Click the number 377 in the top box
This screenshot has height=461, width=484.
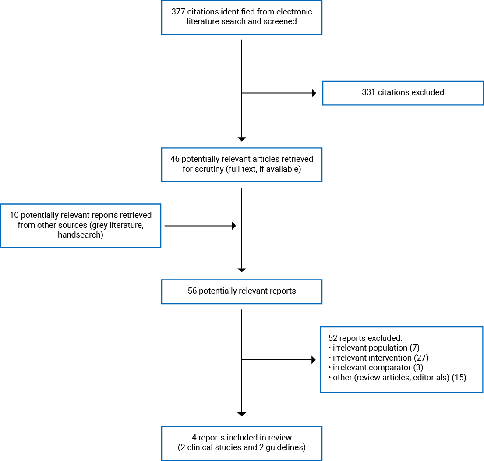click(x=178, y=11)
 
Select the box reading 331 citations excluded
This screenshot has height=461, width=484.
click(x=403, y=92)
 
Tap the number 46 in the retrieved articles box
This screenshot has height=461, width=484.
click(x=175, y=159)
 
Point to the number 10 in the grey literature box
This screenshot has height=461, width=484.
click(x=14, y=215)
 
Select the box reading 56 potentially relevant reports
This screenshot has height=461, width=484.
click(x=241, y=291)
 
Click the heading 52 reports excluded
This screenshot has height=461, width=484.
click(x=365, y=338)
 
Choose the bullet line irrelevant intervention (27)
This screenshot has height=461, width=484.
click(x=378, y=358)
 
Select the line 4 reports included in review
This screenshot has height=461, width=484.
click(x=241, y=437)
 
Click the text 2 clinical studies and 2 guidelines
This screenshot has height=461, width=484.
click(x=241, y=447)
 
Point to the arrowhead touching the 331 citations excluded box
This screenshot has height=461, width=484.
click(x=313, y=93)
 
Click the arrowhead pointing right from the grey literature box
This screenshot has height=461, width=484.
click(x=233, y=226)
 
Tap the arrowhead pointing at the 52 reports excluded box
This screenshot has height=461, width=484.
click(x=313, y=360)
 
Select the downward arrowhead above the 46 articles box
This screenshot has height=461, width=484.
click(x=241, y=139)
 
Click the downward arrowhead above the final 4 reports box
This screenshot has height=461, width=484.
click(x=241, y=414)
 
